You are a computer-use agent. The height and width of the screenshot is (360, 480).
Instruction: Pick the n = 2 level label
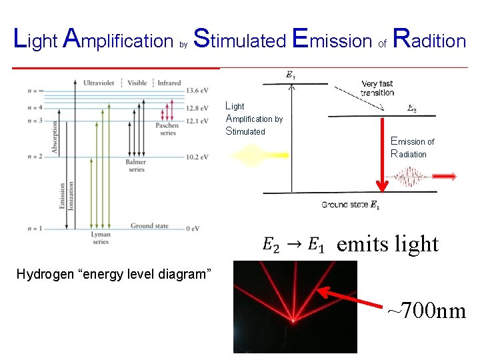pyautogui.click(x=36, y=157)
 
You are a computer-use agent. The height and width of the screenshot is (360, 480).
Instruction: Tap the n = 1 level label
pyautogui.click(x=36, y=229)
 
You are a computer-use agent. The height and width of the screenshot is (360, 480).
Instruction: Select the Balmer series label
pyautogui.click(x=135, y=166)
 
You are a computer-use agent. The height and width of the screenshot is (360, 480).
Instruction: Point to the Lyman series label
pyautogui.click(x=100, y=239)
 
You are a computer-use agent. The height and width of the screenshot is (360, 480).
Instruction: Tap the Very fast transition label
pyautogui.click(x=378, y=88)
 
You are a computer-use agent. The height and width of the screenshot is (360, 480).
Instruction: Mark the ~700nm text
pyautogui.click(x=427, y=310)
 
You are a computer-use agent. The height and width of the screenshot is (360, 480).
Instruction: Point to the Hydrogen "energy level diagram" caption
pyautogui.click(x=113, y=274)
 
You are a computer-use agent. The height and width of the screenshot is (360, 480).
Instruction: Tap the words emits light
pyautogui.click(x=387, y=244)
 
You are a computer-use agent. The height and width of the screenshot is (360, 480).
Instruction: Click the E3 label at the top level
pyautogui.click(x=291, y=75)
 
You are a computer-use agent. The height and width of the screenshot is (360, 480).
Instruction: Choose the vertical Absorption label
pyautogui.click(x=55, y=137)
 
